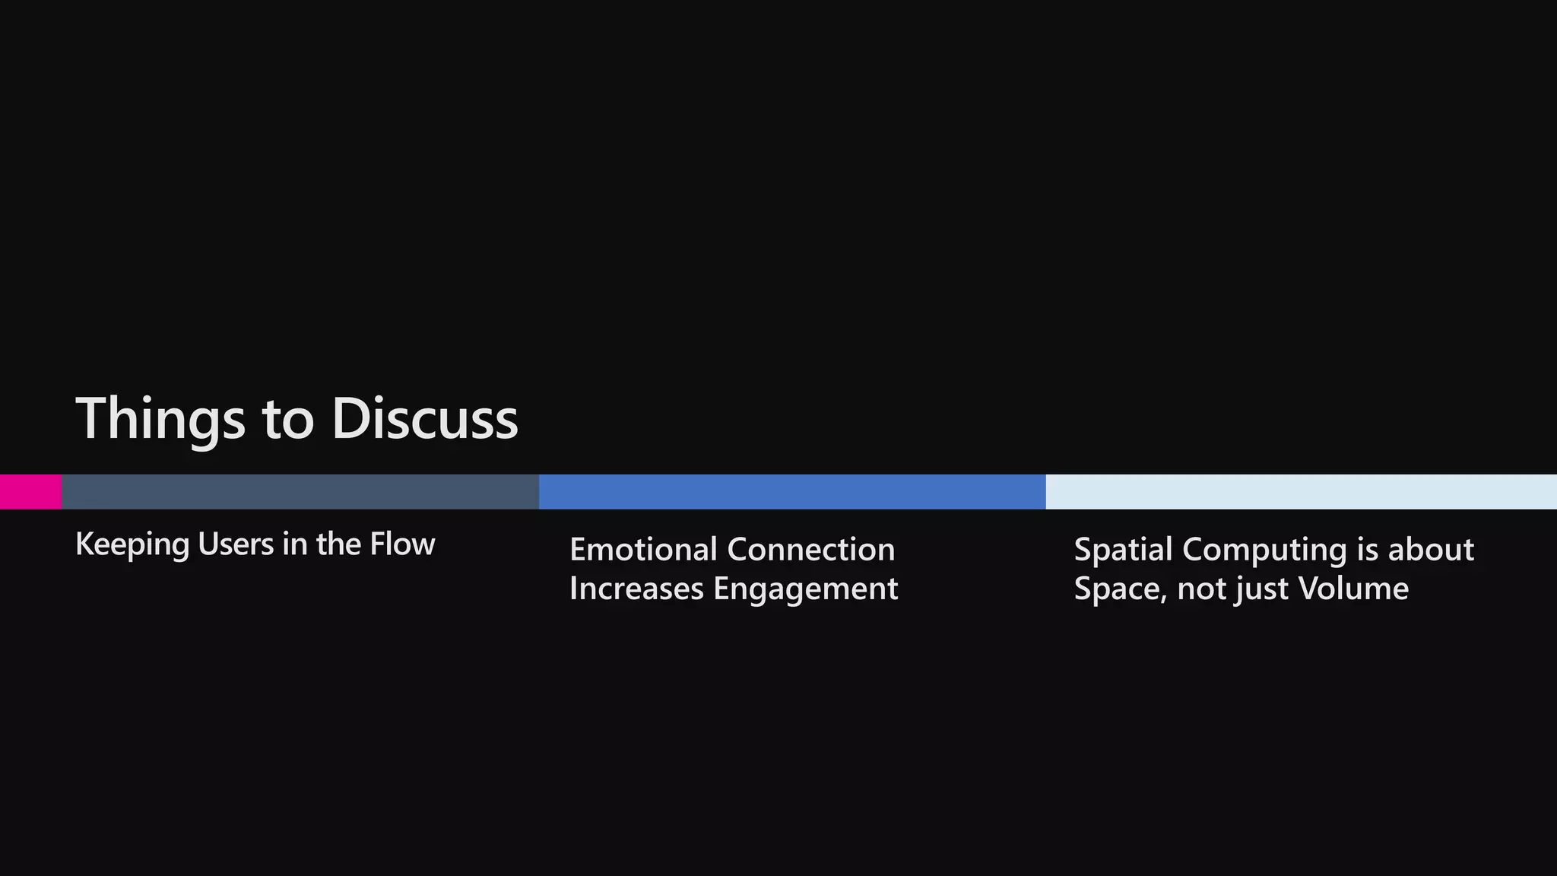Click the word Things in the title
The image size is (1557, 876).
pos(160,418)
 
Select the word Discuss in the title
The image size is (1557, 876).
pos(425,418)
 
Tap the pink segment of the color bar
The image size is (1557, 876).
pos(30,492)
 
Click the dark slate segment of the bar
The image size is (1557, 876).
pos(300,492)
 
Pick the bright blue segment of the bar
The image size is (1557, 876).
pos(792,492)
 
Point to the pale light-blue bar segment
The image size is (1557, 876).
pos(1301,492)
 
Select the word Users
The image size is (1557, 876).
pos(236,544)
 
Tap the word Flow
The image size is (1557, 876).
pos(402,544)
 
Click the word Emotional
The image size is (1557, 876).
pos(643,550)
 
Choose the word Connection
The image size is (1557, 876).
pos(811,550)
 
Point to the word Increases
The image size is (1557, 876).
pos(636,589)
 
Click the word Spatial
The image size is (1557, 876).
pos(1123,550)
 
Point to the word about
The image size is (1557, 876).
pos(1431,550)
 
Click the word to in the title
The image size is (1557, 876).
pos(288,420)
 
